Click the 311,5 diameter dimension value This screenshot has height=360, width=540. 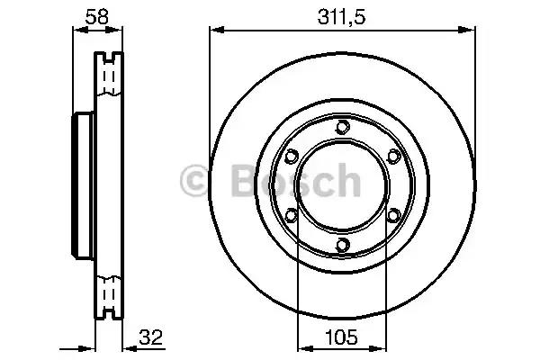(341, 17)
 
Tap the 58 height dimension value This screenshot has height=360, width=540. (97, 16)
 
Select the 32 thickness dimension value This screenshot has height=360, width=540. (150, 337)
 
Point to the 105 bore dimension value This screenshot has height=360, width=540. (341, 337)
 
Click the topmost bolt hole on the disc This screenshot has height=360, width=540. (343, 127)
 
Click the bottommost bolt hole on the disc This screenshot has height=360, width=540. (343, 245)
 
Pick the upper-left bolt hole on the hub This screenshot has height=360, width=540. (292, 157)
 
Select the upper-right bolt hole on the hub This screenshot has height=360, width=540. (393, 157)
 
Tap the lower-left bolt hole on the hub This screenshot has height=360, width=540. (292, 216)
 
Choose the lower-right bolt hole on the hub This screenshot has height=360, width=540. (393, 216)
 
